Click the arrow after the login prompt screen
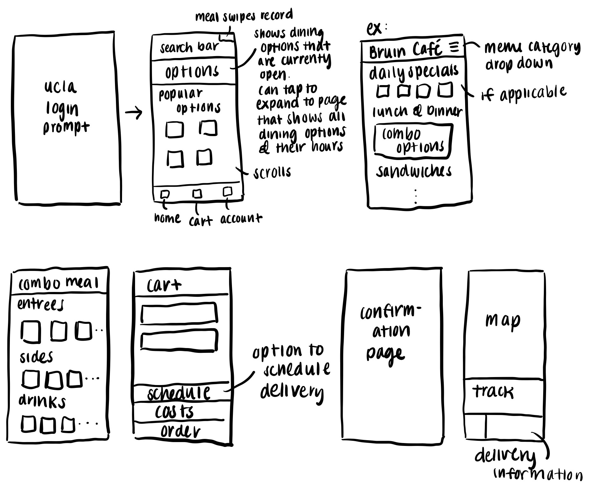coord(133,113)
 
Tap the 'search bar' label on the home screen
coord(189,47)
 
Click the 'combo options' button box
coord(414,141)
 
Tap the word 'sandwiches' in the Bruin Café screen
coord(414,171)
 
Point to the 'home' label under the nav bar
coord(167,218)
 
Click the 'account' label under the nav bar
coord(241,219)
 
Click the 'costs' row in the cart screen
coord(175,412)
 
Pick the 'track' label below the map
coord(493,392)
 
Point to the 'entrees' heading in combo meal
coord(40,304)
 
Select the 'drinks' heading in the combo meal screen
coord(42,401)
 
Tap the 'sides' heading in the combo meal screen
coord(36,357)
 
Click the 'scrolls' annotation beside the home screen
coord(272,172)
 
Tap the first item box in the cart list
coord(179,313)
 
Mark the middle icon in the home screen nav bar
coord(197,193)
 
